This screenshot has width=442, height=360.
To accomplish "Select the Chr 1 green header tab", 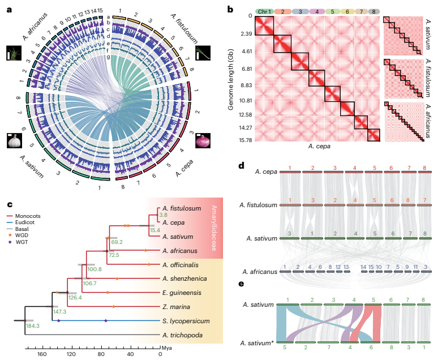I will click(x=264, y=11).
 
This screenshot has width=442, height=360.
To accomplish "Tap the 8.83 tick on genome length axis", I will click(x=244, y=85).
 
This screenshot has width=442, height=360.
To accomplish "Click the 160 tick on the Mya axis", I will click(x=41, y=354).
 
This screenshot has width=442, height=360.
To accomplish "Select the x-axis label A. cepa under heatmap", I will click(x=320, y=145).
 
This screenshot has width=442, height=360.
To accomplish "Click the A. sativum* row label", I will click(x=258, y=343).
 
